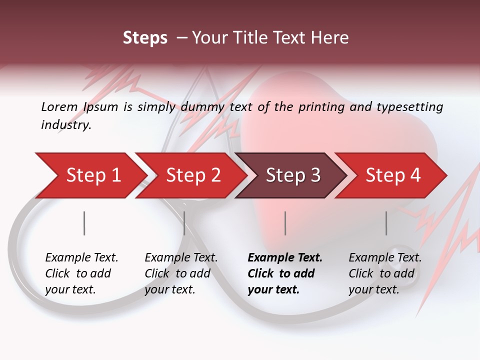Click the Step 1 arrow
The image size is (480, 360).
[x=90, y=175]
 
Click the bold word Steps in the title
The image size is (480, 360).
[x=145, y=38]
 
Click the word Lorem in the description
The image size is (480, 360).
[x=59, y=107]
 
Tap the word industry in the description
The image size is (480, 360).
[x=66, y=125]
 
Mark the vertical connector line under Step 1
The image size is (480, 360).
[x=84, y=223]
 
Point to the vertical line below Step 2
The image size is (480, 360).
[x=184, y=223]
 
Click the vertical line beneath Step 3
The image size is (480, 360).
[x=285, y=223]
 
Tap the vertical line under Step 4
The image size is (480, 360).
[x=386, y=223]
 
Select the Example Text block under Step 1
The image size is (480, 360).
[x=81, y=273]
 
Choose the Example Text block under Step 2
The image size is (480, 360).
[x=180, y=273]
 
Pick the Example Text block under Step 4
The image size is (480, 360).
[x=384, y=273]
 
